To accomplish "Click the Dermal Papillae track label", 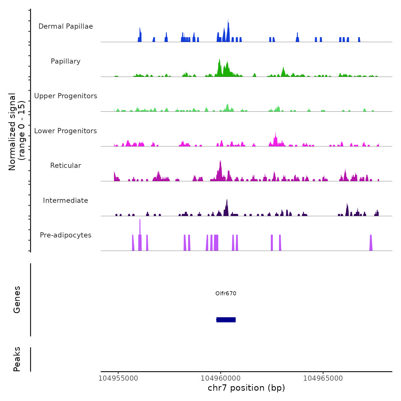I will click(66, 26).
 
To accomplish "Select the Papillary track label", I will click(66, 61).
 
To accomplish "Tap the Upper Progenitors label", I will click(66, 96).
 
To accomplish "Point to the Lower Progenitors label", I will click(66, 131).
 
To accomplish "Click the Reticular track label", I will click(66, 166).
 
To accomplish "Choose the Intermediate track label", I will click(66, 200).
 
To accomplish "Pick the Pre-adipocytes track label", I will click(66, 235).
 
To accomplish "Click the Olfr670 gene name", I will click(226, 293).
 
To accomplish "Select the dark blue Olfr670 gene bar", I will click(226, 320).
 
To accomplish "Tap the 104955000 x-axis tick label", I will click(118, 378).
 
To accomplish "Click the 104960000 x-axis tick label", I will click(221, 378).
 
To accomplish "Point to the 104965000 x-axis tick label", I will click(323, 378).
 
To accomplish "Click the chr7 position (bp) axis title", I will click(246, 388).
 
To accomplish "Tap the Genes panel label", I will click(17, 300).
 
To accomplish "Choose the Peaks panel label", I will click(17, 359).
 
